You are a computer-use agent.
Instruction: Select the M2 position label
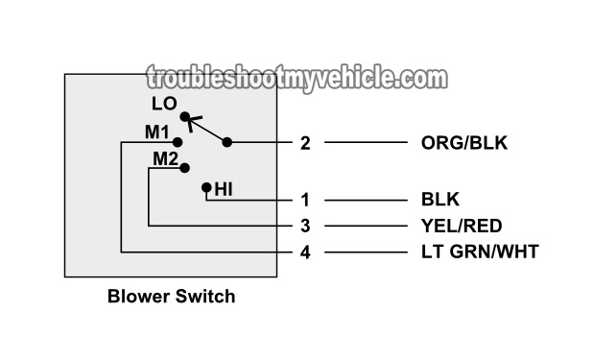tap(165, 158)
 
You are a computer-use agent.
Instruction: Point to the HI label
tap(224, 189)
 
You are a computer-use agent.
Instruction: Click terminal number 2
tap(305, 143)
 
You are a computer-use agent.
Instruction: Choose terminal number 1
tap(305, 200)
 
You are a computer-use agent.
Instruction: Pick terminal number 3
tap(305, 226)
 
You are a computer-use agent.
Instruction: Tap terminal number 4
tap(305, 252)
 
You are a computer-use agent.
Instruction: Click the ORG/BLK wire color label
tap(464, 143)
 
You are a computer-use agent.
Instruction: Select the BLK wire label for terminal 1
tap(440, 200)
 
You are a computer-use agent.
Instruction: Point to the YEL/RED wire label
tap(462, 226)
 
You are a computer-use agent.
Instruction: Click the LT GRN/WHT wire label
tap(480, 252)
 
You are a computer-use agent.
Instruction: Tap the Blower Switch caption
tap(171, 297)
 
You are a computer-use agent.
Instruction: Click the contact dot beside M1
tap(177, 141)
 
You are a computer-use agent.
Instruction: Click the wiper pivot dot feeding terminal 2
tap(227, 143)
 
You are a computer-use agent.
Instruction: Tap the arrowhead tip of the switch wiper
tap(188, 121)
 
